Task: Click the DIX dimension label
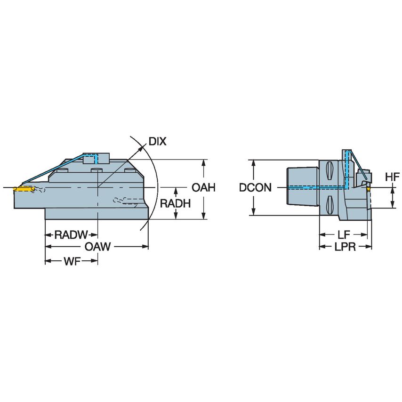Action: coord(157,141)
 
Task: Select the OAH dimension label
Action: coord(203,188)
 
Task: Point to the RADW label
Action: coord(71,234)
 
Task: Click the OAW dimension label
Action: coord(97,247)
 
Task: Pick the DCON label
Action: coord(255,188)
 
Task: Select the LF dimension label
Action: coord(343,234)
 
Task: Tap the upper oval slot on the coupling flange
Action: coord(330,169)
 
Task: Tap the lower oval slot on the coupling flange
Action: coord(330,205)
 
